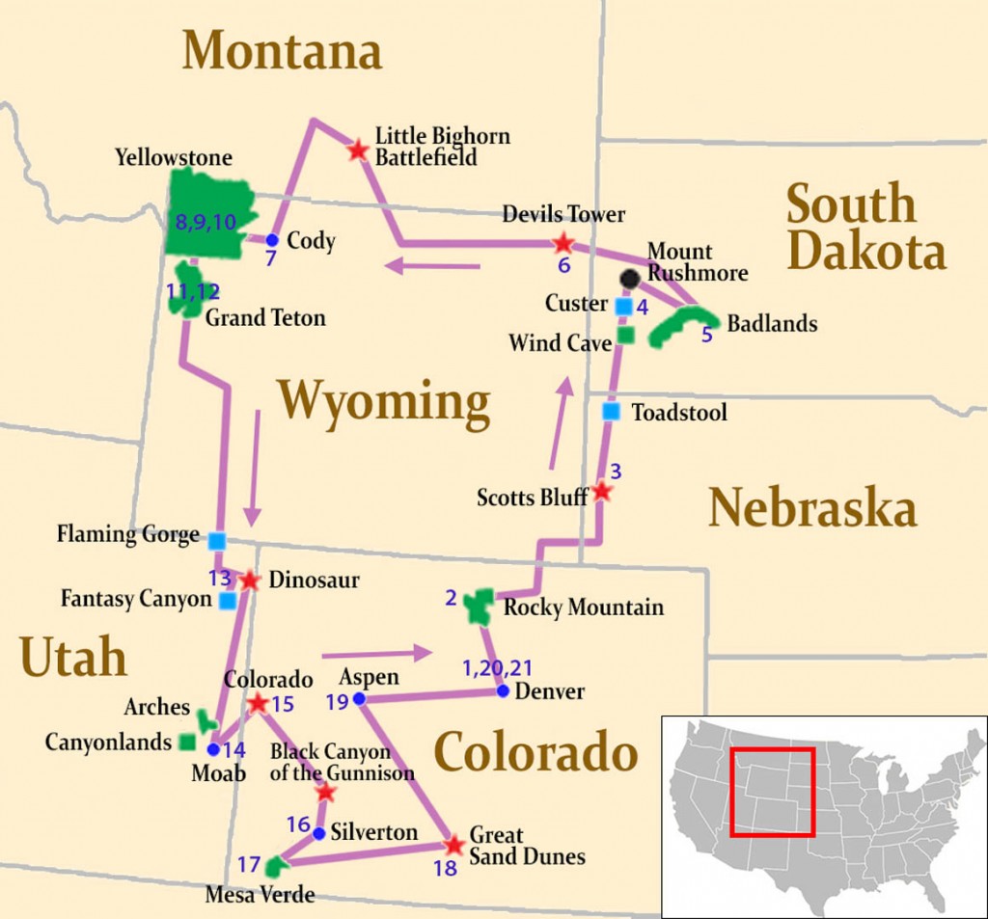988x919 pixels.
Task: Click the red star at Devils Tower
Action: [x=563, y=243]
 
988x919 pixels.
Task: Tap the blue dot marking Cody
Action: [x=272, y=240]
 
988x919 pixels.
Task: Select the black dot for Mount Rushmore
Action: [x=630, y=279]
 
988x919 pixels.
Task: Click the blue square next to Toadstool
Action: [x=611, y=412]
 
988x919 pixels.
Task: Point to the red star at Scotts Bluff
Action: [x=601, y=492]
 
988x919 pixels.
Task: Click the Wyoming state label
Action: [x=384, y=403]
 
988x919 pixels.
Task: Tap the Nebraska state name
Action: [x=812, y=508]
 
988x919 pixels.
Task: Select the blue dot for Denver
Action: [x=503, y=690]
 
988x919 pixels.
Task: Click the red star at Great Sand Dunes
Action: [x=453, y=846]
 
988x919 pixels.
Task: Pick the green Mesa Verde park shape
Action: [x=276, y=863]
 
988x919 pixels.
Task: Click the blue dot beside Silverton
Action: [x=318, y=833]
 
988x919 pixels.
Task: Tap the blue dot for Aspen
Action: [x=358, y=698]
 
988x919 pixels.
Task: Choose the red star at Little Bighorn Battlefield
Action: [x=358, y=149]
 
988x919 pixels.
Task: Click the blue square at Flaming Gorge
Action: [x=217, y=541]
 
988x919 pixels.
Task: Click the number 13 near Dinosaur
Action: [x=220, y=578]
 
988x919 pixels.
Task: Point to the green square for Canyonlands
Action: [x=188, y=743]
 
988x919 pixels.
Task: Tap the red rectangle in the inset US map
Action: [x=772, y=792]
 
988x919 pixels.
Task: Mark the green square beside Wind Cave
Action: [x=624, y=336]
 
